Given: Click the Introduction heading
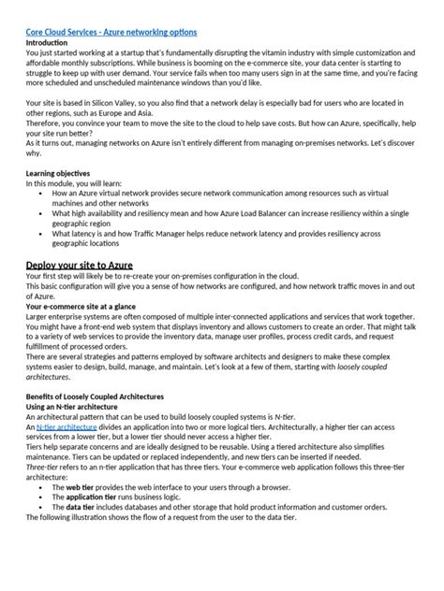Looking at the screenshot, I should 48,43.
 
